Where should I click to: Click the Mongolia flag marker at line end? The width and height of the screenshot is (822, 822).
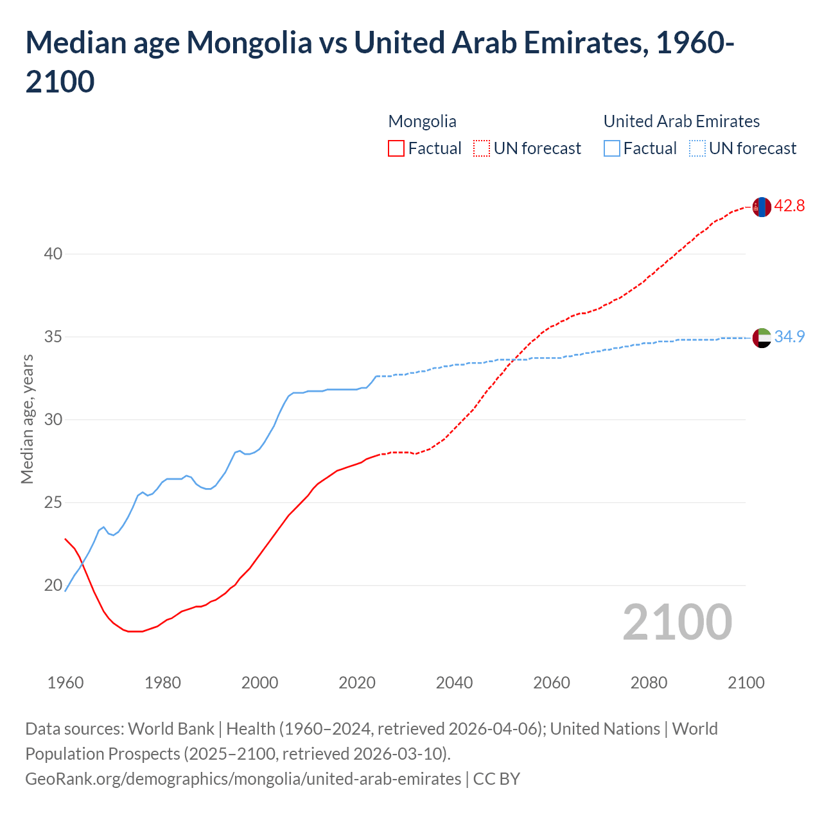point(761,207)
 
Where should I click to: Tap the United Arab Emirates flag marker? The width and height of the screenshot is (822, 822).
point(761,338)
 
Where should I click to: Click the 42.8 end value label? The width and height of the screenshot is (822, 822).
point(789,206)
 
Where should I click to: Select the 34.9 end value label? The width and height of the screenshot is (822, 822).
point(789,337)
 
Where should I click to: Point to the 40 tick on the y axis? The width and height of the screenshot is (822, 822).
point(53,254)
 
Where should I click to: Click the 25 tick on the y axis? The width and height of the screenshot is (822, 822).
point(53,502)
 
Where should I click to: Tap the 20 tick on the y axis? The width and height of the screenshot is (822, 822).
point(53,585)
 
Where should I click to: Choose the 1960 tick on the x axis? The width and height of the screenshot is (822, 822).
point(66,683)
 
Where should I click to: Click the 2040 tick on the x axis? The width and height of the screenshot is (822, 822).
point(454,683)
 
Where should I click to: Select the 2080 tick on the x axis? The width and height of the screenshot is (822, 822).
point(649,683)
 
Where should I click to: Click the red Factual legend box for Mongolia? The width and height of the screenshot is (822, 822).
point(396,148)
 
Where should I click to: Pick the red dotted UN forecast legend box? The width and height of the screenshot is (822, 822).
point(481,148)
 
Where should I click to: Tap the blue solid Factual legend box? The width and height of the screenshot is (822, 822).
point(612,148)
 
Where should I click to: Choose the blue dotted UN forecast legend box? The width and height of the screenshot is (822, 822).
point(697,148)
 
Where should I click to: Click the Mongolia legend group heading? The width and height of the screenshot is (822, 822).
point(422,121)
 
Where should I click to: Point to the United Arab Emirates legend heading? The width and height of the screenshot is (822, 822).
point(681,121)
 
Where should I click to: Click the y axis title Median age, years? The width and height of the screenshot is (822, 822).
point(27,419)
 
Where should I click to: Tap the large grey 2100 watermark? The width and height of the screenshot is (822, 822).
point(677,622)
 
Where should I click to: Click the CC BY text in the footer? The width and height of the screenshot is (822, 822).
point(496,779)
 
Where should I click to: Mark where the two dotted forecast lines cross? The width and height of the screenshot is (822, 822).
point(514,360)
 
